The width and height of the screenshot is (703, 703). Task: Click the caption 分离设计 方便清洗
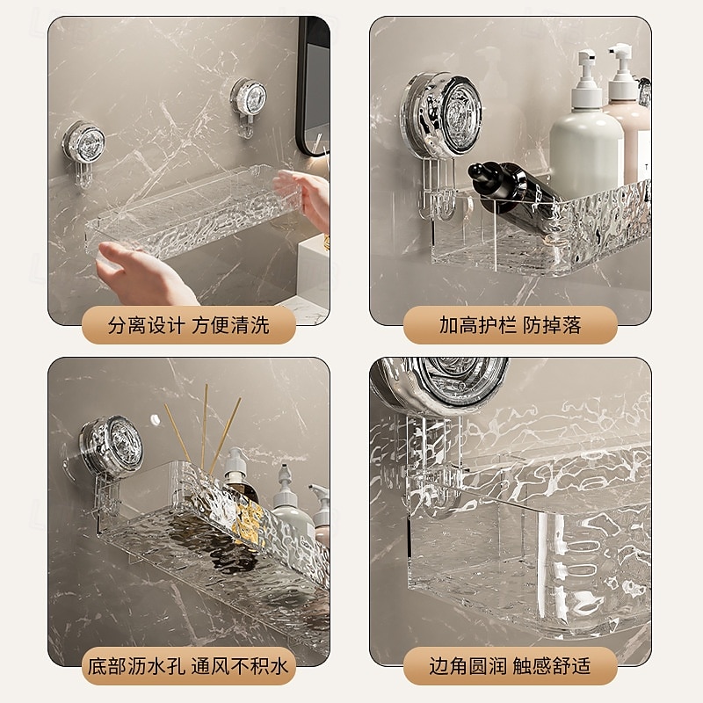tap(189, 326)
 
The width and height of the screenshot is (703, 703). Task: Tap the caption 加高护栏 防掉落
tap(511, 326)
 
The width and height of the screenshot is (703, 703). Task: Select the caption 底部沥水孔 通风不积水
tap(189, 666)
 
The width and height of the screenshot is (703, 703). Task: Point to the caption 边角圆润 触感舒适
tap(511, 666)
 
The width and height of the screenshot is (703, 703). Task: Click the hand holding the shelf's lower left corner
tap(141, 268)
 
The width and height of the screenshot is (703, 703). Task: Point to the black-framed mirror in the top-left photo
tap(313, 88)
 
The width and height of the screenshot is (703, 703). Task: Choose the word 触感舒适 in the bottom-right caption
tap(554, 666)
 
